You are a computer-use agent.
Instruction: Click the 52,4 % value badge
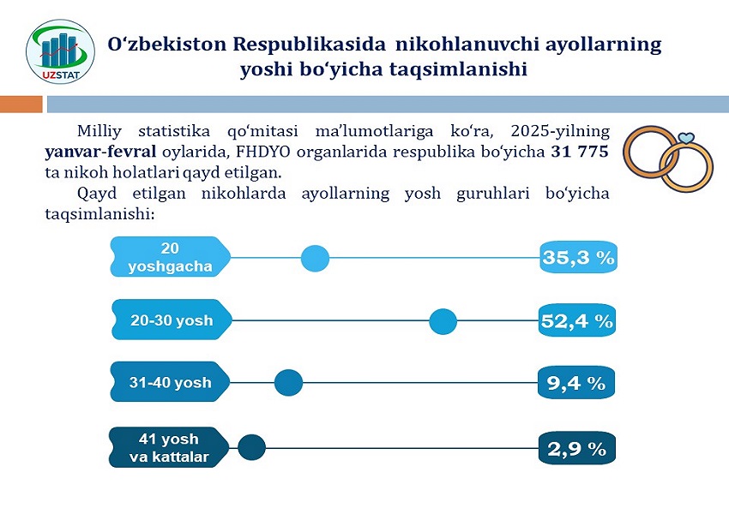point(577,321)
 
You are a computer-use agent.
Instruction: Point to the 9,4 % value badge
point(576,384)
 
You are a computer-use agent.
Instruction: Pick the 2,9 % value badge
point(576,448)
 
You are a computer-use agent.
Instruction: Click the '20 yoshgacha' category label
point(170,258)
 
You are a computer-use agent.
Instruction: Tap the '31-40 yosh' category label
point(170,383)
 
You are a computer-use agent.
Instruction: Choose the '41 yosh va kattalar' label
point(169,448)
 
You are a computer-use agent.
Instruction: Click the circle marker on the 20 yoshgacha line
point(316,258)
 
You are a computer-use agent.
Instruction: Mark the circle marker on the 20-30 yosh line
point(443,321)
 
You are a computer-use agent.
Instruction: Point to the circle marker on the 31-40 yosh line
point(288,383)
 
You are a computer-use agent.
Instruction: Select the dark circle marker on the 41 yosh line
point(251,447)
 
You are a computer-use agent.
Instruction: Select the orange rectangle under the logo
point(21,105)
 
